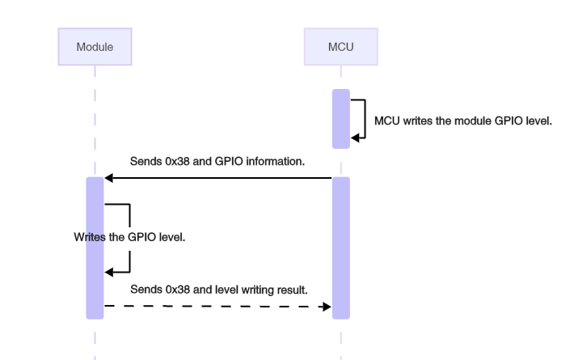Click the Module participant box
pyautogui.click(x=95, y=47)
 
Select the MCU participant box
pyautogui.click(x=340, y=47)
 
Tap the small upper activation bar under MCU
pyautogui.click(x=340, y=118)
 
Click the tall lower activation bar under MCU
pyautogui.click(x=340, y=247)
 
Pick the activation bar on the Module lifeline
pyautogui.click(x=95, y=247)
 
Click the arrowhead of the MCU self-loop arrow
pyautogui.click(x=354, y=138)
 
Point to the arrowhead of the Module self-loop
pyautogui.click(x=109, y=273)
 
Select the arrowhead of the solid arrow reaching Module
pyautogui.click(x=108, y=178)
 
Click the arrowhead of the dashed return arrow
pyautogui.click(x=327, y=307)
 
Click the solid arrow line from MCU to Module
pyautogui.click(x=218, y=178)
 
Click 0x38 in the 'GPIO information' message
pyautogui.click(x=177, y=161)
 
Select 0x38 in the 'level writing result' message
pyautogui.click(x=177, y=290)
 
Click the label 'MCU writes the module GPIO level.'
pyautogui.click(x=462, y=121)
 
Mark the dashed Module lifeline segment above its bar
pyautogui.click(x=95, y=121)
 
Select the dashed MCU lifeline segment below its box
pyautogui.click(x=340, y=77)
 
